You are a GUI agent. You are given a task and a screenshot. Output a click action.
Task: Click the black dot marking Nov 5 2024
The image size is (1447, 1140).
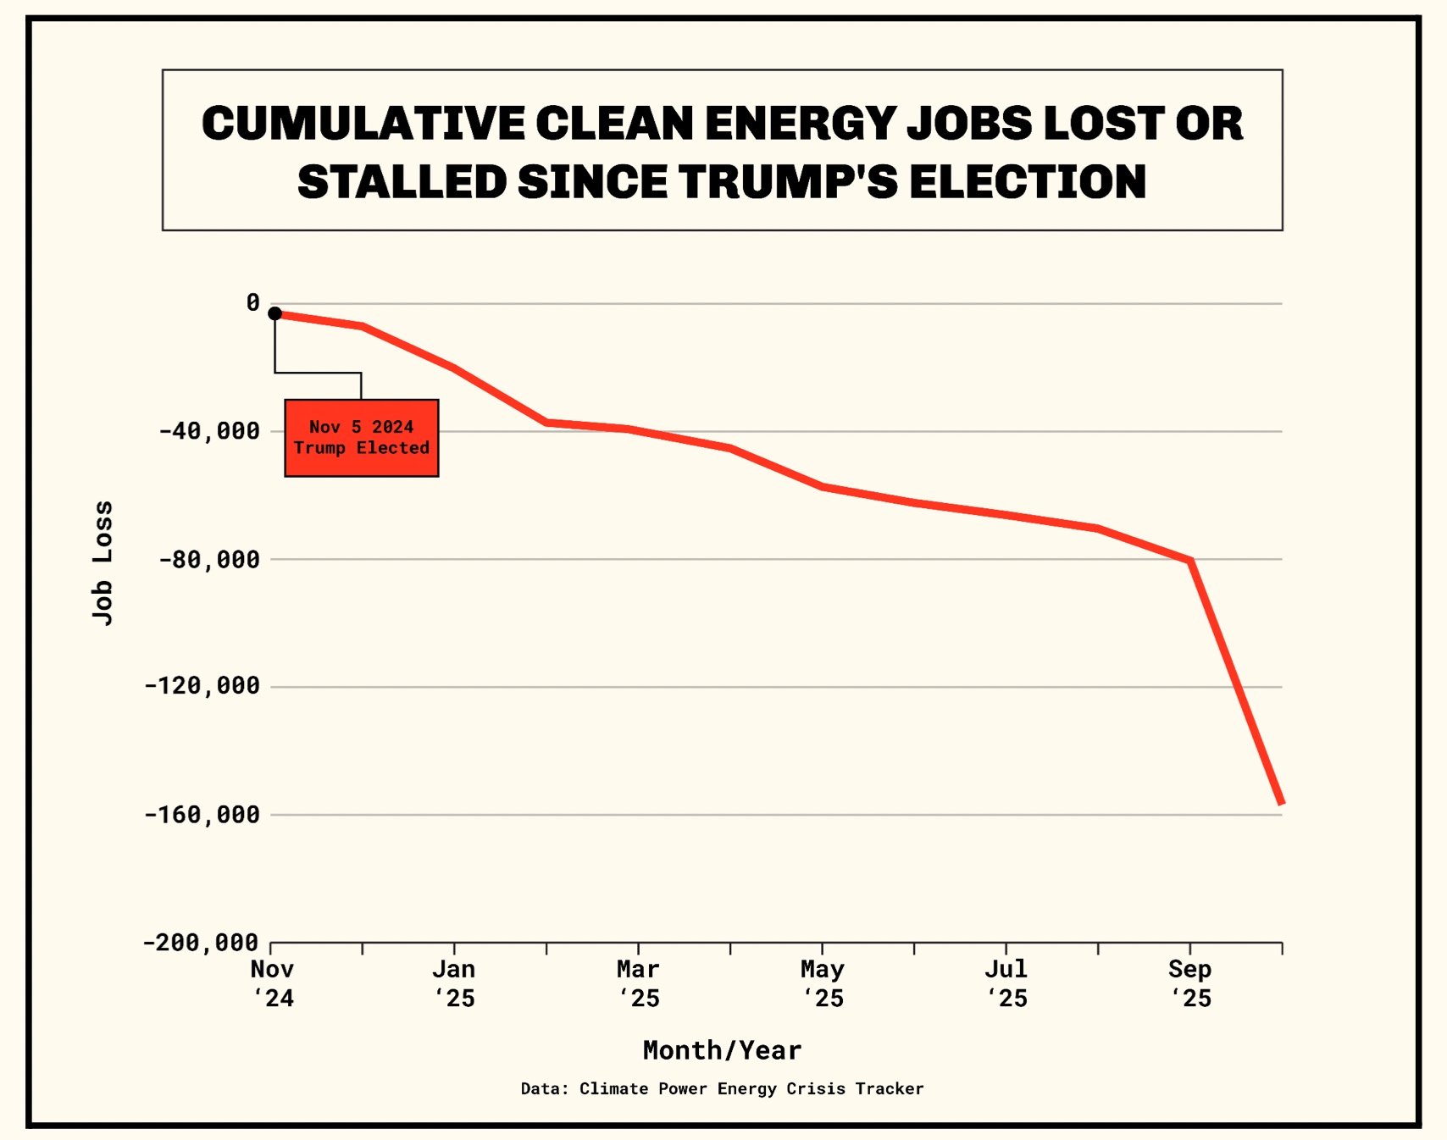point(274,313)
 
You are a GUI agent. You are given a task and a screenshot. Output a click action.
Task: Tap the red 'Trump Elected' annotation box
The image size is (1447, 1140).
point(362,438)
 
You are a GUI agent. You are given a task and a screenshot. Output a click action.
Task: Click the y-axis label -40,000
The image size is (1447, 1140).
point(210,431)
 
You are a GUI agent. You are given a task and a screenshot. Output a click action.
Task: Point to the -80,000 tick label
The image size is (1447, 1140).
point(210,559)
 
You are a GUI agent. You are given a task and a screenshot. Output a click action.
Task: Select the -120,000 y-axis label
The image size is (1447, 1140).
point(202,686)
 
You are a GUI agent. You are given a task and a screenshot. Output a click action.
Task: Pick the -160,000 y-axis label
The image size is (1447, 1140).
point(202,815)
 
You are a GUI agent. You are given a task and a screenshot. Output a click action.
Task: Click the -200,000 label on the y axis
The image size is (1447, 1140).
point(201,943)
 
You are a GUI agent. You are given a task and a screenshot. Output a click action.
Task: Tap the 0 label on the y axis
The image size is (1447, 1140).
point(252,302)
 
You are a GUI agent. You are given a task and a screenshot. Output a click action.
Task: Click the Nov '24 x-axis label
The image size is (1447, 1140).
point(273,983)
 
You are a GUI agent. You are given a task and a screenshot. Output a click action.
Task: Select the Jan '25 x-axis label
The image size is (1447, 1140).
point(455,983)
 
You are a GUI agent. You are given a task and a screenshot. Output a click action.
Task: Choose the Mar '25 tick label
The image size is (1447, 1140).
point(639,983)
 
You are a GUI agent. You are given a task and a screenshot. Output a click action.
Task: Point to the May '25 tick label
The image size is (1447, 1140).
point(823,983)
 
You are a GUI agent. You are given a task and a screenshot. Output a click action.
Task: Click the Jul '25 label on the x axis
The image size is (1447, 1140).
point(1006,983)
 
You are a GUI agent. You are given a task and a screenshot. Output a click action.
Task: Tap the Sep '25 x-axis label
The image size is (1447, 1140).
point(1190,983)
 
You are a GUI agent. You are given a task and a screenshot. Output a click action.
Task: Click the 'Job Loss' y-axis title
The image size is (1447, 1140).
point(103,563)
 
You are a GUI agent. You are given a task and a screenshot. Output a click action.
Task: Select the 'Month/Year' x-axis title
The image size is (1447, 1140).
point(722,1050)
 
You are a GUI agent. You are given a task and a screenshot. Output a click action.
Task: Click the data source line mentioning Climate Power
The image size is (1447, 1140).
point(722,1089)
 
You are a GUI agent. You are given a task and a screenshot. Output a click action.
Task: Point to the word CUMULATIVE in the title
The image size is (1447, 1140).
point(363,124)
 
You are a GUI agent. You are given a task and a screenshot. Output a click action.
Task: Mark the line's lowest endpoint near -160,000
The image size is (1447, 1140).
point(1281,802)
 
